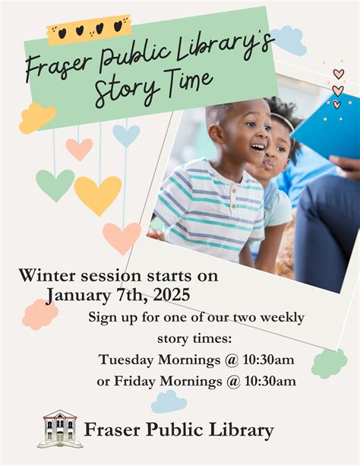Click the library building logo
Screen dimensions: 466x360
pos(60,429)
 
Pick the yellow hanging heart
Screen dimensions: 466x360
pos(97,195)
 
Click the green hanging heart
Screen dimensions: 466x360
pos(55,185)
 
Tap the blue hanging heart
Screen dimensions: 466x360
pos(126,135)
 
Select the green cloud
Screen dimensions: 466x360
pos(329,363)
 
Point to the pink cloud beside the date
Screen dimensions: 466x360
pos(39,314)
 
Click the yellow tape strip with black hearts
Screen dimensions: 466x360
pos(88,30)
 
